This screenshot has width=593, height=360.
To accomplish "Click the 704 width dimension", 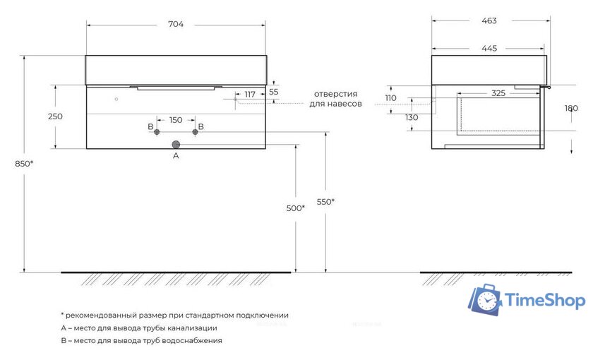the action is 176,24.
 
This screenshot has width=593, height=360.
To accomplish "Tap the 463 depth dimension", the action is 489,20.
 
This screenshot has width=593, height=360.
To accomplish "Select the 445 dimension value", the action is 489,49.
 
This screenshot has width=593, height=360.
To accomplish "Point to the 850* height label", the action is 24,164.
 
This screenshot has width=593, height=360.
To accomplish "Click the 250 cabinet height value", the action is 55,116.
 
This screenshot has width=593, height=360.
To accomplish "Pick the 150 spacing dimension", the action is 176,120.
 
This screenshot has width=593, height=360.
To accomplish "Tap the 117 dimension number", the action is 250,95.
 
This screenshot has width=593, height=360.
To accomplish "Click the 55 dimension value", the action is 273,92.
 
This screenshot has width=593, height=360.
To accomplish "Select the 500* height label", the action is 296,208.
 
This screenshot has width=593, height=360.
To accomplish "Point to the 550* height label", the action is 325,202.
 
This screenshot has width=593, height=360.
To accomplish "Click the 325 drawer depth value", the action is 498,93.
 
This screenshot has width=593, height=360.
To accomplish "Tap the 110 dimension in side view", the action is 390,98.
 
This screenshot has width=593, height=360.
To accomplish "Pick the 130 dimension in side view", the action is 412,118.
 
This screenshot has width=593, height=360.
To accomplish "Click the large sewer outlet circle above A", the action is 176,145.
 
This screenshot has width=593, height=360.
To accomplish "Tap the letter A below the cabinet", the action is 176,155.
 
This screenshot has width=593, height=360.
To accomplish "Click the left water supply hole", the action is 157,132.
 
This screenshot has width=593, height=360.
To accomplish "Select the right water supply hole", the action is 195,132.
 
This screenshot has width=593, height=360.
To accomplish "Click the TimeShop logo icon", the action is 485,300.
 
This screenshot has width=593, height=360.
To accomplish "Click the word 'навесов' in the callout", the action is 345,104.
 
